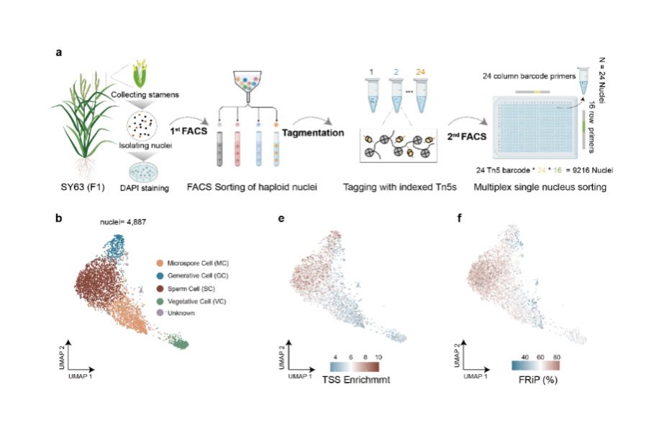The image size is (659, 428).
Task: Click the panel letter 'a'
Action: click(x=59, y=53)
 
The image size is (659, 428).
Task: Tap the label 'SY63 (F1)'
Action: click(x=82, y=186)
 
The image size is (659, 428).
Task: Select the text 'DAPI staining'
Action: click(x=144, y=188)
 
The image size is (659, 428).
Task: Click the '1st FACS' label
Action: click(x=188, y=131)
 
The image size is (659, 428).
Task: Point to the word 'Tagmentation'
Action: click(x=313, y=133)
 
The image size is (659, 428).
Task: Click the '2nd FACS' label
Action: click(x=466, y=136)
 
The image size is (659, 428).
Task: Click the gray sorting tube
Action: click(x=220, y=148)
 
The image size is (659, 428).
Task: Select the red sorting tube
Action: click(x=237, y=148)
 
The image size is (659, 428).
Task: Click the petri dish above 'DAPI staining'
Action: click(x=144, y=173)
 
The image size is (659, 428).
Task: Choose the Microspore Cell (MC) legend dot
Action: click(x=160, y=263)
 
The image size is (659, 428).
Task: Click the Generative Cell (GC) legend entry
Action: click(x=192, y=276)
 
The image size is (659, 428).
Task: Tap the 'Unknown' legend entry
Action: click(x=176, y=313)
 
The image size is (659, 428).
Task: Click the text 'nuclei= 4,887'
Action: click(x=123, y=222)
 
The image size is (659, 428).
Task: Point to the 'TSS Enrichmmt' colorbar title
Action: click(x=356, y=380)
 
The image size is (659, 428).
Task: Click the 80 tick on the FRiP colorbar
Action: click(x=556, y=357)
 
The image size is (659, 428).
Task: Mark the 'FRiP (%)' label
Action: click(x=538, y=380)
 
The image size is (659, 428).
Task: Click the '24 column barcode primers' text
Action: click(x=529, y=76)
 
